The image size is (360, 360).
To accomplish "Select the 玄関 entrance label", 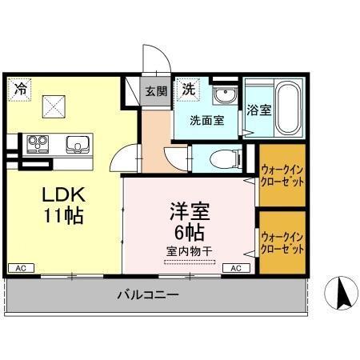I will [x=155, y=91].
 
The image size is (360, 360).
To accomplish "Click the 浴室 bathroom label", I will [x=258, y=110].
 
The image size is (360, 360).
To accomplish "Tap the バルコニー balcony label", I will [x=148, y=295].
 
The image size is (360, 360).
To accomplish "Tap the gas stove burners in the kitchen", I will [x=38, y=144].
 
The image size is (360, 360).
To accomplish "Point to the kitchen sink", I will [x=76, y=144].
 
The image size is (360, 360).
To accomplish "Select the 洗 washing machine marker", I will [x=188, y=87].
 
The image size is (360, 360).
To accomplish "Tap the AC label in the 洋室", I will [x=235, y=268].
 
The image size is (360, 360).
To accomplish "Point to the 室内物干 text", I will [x=190, y=251].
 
